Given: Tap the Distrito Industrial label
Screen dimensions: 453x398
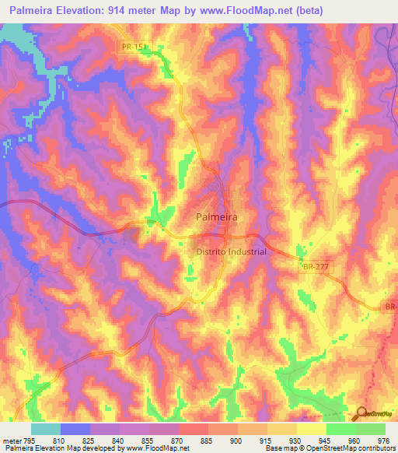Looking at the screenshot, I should (230, 251).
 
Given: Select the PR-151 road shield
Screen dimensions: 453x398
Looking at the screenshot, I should (134, 47).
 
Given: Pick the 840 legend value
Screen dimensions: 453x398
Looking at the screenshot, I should (119, 440).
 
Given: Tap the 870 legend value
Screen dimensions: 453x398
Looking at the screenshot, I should (178, 440).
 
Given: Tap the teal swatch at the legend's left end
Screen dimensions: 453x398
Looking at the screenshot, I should (45, 429).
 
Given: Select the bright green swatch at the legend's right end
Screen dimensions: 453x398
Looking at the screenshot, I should (370, 429).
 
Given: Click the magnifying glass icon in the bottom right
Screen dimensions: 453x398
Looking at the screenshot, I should (361, 414).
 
